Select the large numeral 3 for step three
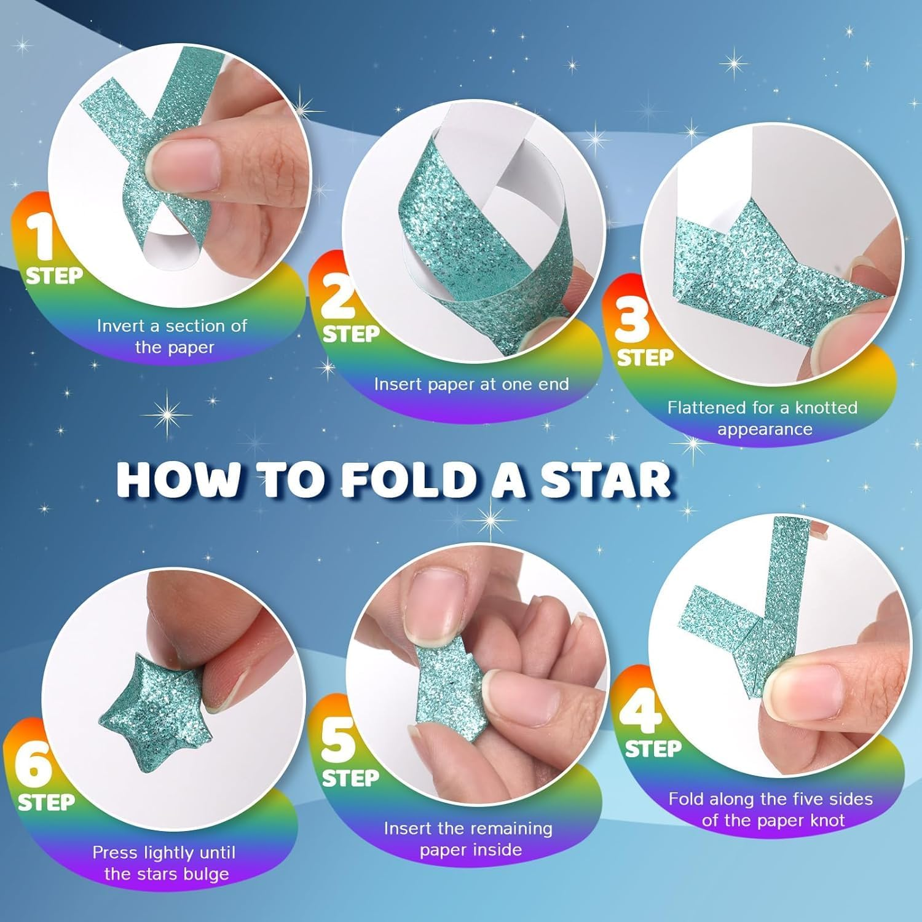(632, 317)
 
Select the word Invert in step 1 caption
(121, 326)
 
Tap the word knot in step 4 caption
(827, 820)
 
